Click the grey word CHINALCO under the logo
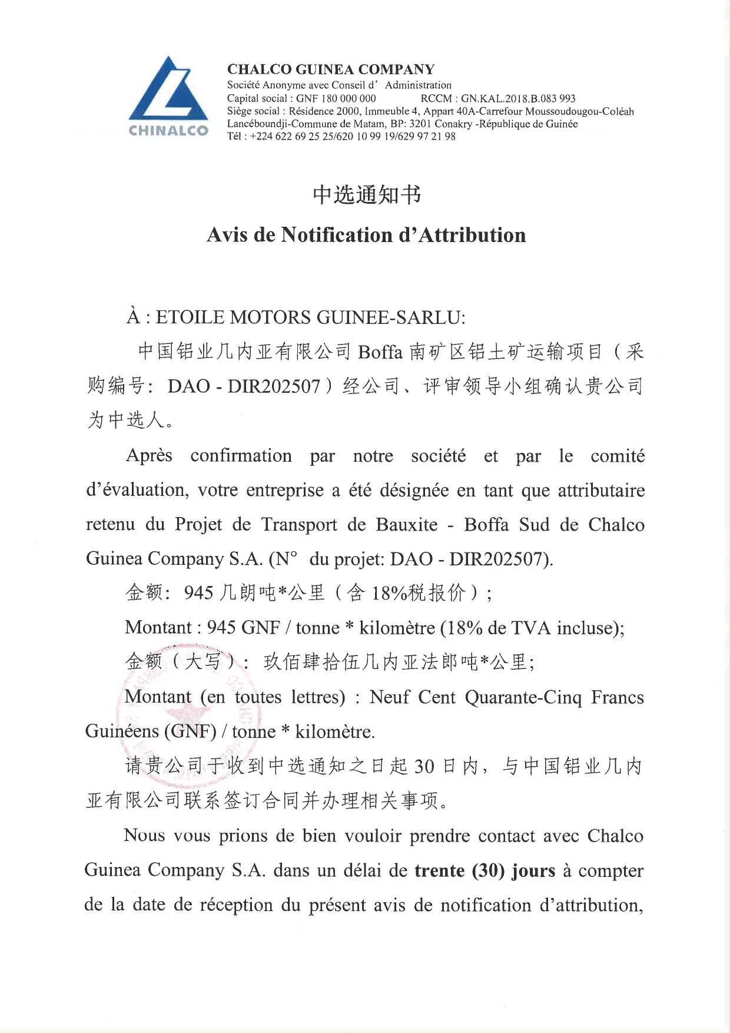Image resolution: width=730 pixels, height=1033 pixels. click(168, 131)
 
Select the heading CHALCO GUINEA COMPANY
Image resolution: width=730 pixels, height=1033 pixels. click(331, 69)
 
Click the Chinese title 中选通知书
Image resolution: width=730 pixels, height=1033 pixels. click(366, 195)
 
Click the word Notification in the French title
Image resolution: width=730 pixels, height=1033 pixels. click(337, 235)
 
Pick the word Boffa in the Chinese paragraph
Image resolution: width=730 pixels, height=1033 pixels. click(380, 352)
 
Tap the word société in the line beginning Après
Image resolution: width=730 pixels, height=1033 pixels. click(439, 456)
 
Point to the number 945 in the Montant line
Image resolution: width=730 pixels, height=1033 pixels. click(221, 628)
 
